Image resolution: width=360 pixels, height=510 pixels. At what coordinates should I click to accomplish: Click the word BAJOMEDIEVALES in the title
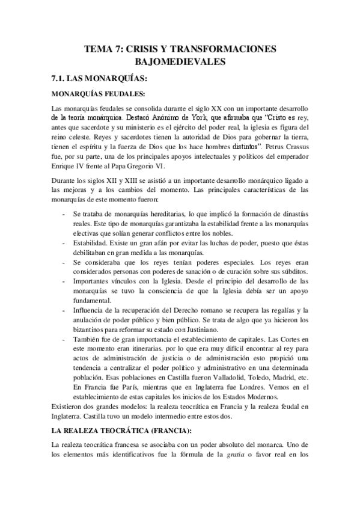(x=180, y=61)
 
